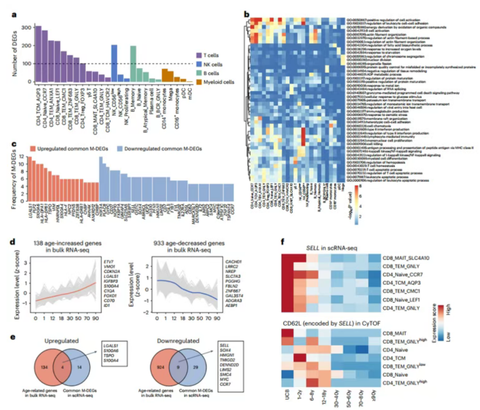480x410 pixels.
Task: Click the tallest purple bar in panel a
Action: coord(38,54)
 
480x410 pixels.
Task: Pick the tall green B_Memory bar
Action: coord(133,64)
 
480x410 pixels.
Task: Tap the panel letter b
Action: coord(247,14)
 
